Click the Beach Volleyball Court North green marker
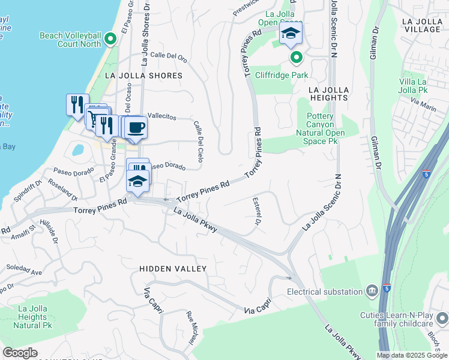tap(110, 40)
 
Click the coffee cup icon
tap(136, 127)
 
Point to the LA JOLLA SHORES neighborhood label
tap(143, 76)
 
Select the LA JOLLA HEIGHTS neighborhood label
tap(328, 93)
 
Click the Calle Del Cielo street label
tap(199, 142)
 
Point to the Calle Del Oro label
tap(169, 58)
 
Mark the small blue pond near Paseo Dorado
tap(78, 149)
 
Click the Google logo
tap(20, 353)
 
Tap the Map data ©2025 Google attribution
tap(412, 355)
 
